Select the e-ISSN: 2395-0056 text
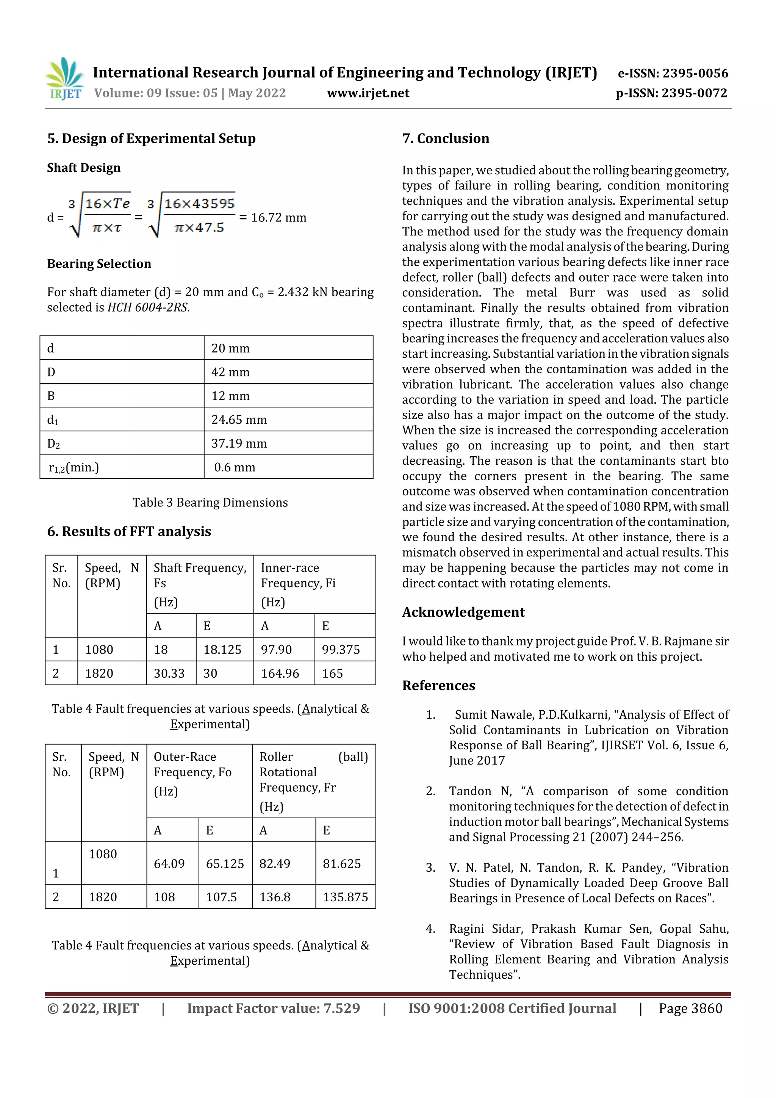(673, 73)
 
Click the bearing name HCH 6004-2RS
(148, 307)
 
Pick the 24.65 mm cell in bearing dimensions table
(239, 420)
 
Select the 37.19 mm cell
(239, 443)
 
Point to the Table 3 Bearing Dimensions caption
(210, 503)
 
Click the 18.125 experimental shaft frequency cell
(222, 649)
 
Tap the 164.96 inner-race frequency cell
(280, 674)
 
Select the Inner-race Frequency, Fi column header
(298, 575)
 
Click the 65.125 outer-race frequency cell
(225, 864)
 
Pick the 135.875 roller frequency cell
(345, 897)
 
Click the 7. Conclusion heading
(446, 139)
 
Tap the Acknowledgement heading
(463, 612)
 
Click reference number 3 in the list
(430, 868)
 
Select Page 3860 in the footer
(690, 1009)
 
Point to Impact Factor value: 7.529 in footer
(274, 1009)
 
